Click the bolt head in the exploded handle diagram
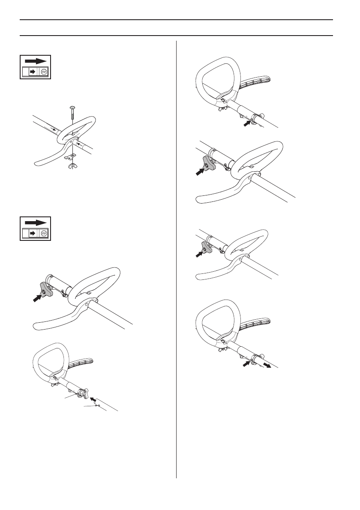(72, 108)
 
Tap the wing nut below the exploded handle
(71, 165)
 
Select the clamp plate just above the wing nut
(72, 156)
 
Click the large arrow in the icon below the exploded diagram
(35, 223)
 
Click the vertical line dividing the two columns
(177, 257)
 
